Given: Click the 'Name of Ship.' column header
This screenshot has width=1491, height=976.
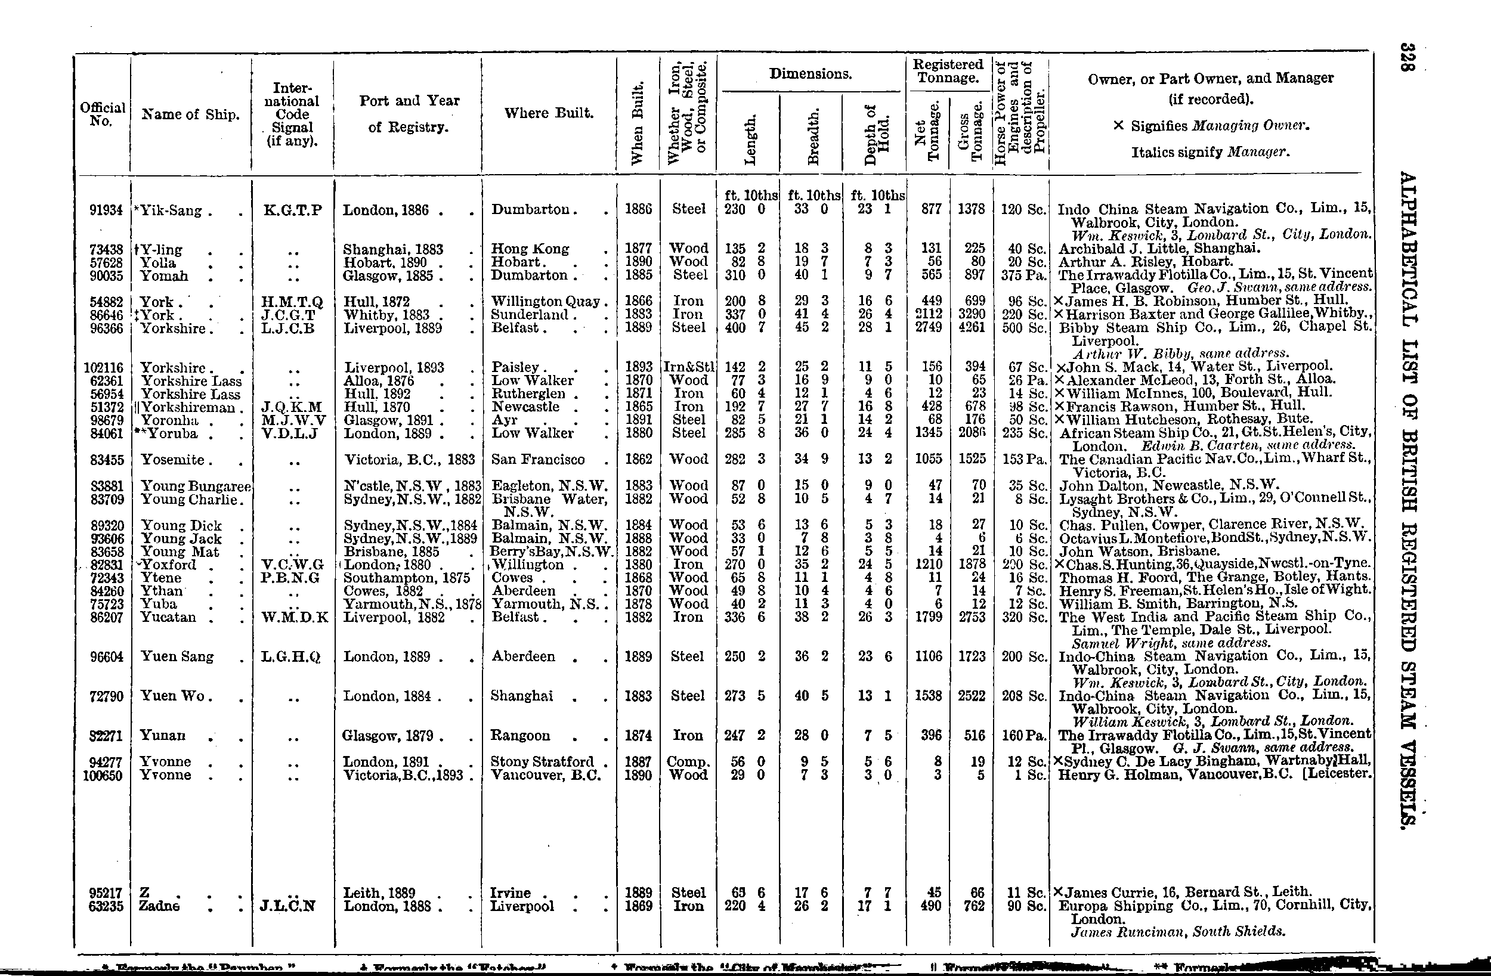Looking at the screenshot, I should pos(190,114).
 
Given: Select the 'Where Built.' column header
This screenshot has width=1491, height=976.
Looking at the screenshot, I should pos(549,113).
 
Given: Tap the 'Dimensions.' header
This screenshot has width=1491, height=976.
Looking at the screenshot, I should pos(811,74).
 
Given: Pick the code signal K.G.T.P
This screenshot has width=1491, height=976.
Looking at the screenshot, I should pos(292,210).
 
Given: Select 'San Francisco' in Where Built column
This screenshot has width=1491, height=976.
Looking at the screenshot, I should pos(538,459).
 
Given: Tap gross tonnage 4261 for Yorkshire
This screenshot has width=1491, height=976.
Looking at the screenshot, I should pos(971,328).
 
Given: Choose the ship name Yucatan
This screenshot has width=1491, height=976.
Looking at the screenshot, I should pos(168,618).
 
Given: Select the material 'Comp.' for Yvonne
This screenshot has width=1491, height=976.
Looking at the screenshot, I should pos(688,763).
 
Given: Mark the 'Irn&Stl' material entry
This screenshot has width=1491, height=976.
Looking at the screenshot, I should pos(688,368).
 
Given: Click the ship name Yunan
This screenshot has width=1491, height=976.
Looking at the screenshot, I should pos(162,736).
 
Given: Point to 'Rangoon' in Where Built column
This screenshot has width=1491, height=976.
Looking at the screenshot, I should pos(521,736).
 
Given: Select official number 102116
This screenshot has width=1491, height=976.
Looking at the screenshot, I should pos(103,368).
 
